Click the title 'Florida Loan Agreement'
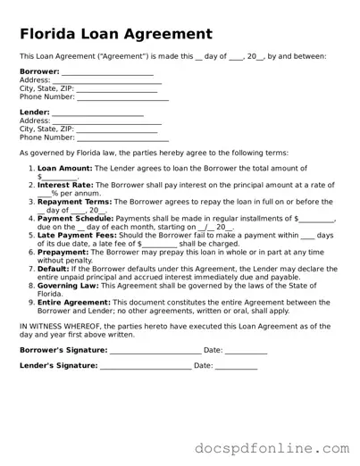coord(116,35)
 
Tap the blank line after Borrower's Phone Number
coord(123,96)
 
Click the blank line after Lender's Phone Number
coord(123,137)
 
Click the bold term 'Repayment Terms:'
coord(71,202)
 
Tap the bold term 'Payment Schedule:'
coord(74,218)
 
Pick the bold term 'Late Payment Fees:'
coord(75,235)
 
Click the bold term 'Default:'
coord(53,269)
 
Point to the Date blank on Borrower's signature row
coord(246,351)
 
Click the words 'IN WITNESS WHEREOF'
coord(62,327)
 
